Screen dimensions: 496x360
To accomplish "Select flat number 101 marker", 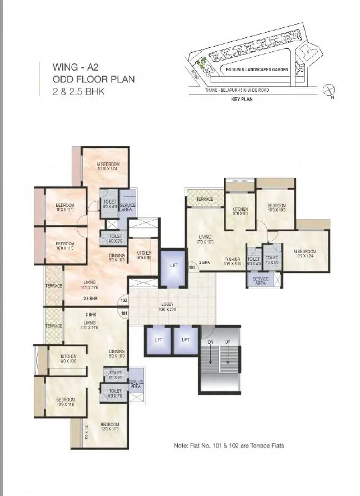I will click(123, 313).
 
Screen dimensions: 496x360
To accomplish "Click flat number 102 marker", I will click(123, 301).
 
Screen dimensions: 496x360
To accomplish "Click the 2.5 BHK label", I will click(91, 299).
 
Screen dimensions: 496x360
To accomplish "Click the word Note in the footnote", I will click(180, 445).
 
